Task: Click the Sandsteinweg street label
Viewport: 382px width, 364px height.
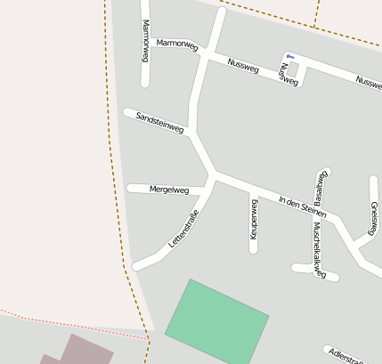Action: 160,123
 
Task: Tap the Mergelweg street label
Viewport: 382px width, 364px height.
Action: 169,190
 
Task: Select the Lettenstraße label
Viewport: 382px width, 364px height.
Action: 183,229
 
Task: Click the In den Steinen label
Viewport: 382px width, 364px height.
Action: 303,206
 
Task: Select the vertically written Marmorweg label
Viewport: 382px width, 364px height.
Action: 145,41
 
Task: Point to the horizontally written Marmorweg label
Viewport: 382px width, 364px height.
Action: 176,44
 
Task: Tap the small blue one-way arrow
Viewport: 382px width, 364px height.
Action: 289,57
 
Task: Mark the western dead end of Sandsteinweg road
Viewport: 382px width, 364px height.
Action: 126,112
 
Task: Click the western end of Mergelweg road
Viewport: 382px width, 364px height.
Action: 131,188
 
